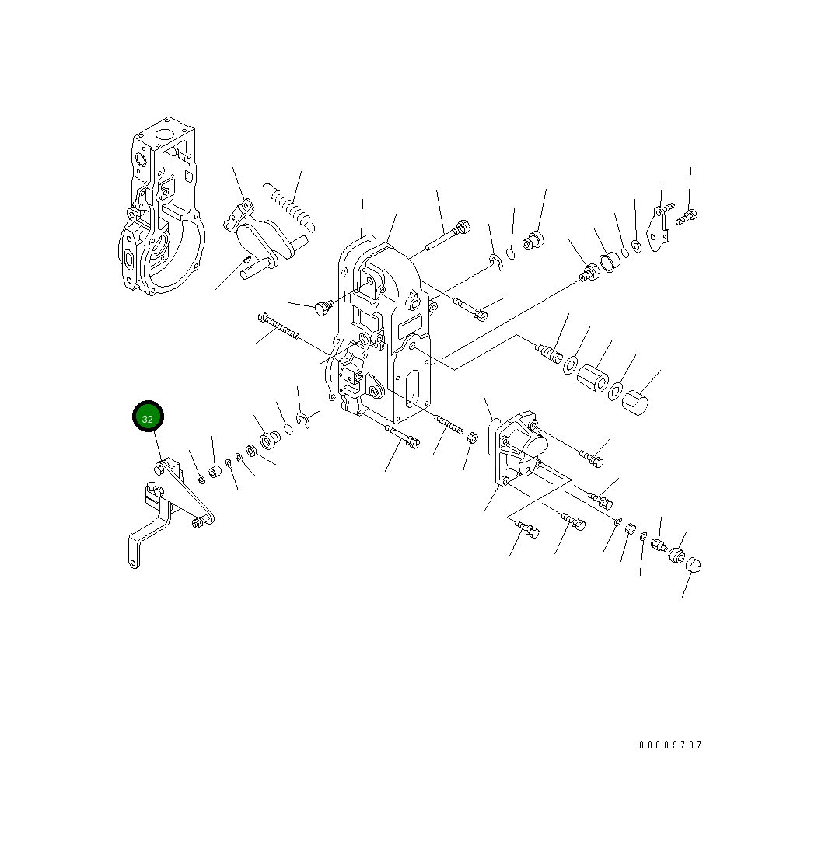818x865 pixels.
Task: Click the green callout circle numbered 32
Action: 148,417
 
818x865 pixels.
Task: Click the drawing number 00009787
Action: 670,745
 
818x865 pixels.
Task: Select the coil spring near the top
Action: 288,206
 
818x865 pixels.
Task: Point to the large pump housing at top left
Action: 163,214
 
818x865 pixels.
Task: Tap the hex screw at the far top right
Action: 687,218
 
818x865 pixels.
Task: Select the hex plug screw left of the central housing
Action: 322,308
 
